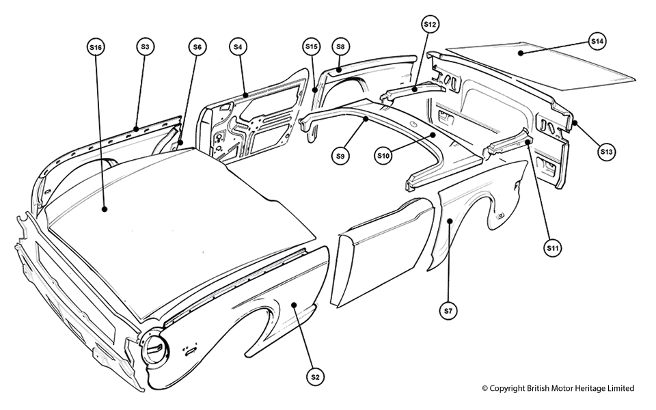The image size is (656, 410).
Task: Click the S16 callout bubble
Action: point(96,47)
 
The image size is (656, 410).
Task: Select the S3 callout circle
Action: point(144,46)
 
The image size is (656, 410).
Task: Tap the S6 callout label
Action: point(197,46)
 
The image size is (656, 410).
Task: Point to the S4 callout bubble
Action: point(238,46)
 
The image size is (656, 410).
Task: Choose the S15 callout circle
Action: point(311,46)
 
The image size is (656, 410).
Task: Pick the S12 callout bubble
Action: point(429,25)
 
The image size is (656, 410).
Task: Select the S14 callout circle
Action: point(597,42)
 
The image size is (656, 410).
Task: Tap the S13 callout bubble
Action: point(606,152)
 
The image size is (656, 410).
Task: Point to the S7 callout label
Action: point(448,311)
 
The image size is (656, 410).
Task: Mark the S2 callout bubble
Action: point(315,377)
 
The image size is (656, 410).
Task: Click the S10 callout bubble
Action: point(383,156)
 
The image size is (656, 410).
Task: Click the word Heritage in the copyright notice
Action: point(586,388)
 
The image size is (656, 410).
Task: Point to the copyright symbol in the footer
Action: point(485,388)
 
